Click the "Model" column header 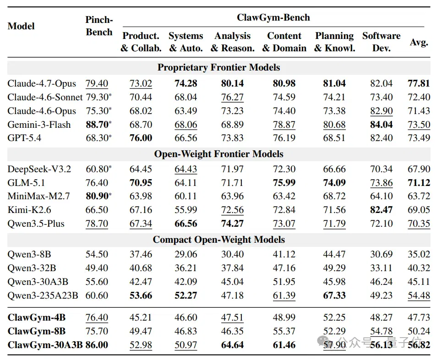(21, 26)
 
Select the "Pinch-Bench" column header (99, 26)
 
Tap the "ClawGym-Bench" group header (273, 17)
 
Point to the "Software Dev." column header (381, 42)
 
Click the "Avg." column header (419, 42)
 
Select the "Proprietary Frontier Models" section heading (218, 67)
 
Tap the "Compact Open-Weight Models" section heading (218, 240)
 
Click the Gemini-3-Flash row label (39, 125)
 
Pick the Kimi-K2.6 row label (29, 210)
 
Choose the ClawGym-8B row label (37, 331)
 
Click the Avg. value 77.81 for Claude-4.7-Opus (419, 83)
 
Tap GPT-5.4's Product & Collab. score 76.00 (141, 138)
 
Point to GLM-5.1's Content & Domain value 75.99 (284, 183)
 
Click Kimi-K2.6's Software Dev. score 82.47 (381, 210)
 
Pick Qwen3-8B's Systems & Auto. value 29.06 (186, 254)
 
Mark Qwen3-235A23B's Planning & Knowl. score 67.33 (334, 295)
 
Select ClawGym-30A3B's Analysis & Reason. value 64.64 (233, 345)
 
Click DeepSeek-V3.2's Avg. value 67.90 (419, 169)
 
